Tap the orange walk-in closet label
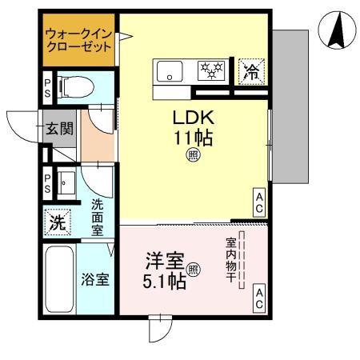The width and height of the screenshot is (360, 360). tap(78, 41)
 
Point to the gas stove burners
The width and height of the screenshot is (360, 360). tap(211, 70)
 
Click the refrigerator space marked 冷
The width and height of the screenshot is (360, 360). tap(250, 70)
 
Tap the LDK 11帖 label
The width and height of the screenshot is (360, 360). tap(193, 127)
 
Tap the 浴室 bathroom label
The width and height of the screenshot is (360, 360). tap(97, 281)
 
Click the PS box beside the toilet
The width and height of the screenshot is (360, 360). tap(47, 85)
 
